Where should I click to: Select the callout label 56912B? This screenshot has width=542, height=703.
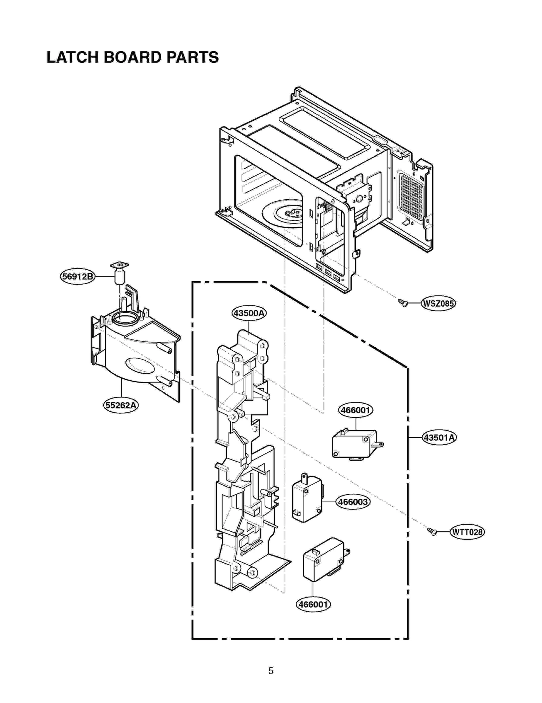(78, 276)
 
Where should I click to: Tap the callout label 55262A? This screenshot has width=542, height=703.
(121, 405)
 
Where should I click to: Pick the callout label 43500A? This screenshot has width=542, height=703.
(249, 313)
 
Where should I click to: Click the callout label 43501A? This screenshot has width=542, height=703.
(439, 437)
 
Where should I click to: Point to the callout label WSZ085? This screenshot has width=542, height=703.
(438, 303)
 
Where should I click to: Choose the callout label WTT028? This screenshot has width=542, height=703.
(467, 532)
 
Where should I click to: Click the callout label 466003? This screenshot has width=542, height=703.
(353, 502)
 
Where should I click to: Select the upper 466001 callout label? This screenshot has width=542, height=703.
(356, 410)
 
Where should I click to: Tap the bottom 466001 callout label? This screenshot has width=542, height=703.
(313, 604)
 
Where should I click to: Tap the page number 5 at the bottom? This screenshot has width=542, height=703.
(271, 670)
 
